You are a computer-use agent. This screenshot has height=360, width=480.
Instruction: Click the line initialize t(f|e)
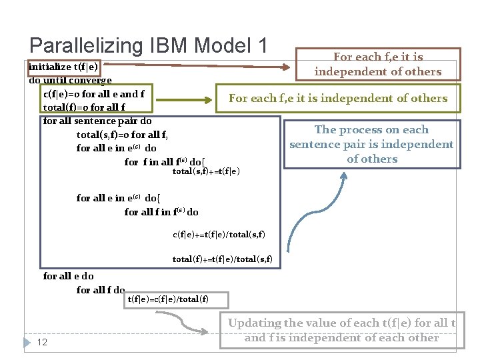pyautogui.click(x=63, y=67)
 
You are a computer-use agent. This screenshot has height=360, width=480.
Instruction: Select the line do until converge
pyautogui.click(x=70, y=81)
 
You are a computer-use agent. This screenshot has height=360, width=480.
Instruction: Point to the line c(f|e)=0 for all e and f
pyautogui.click(x=93, y=94)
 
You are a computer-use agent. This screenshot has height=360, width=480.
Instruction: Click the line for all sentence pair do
pyautogui.click(x=97, y=121)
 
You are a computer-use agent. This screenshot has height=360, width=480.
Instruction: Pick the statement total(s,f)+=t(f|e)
pyautogui.click(x=206, y=171)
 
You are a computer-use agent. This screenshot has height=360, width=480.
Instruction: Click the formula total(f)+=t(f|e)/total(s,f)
pyautogui.click(x=222, y=259)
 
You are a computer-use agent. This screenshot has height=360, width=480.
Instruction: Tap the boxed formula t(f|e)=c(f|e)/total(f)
pyautogui.click(x=167, y=299)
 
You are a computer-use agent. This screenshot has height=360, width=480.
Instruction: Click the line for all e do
pyautogui.click(x=68, y=276)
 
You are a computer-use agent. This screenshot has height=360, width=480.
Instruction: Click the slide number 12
pyautogui.click(x=42, y=342)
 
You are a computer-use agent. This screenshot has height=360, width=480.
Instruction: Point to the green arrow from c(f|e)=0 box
pyautogui.click(x=187, y=99)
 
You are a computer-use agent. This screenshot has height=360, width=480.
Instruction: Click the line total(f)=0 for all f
pyautogui.click(x=84, y=107)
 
